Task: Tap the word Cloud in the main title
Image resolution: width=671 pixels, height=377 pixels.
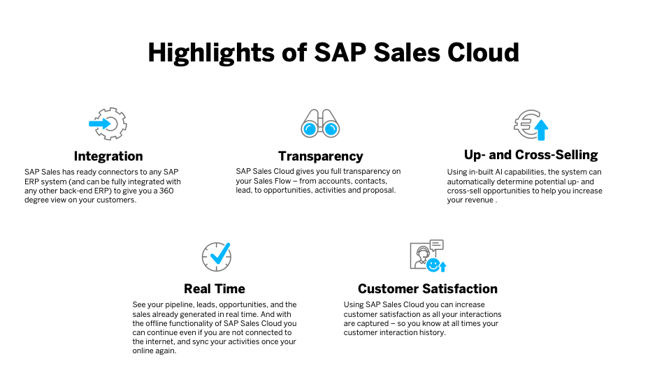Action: tap(483, 52)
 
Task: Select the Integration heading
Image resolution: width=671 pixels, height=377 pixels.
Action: tap(108, 156)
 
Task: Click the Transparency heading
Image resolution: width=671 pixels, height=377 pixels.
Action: tap(321, 156)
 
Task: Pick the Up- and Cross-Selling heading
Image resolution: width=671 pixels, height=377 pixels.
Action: tap(531, 155)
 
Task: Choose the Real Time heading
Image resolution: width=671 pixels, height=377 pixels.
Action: tap(215, 288)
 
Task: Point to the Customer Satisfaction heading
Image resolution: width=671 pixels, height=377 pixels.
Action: tap(428, 288)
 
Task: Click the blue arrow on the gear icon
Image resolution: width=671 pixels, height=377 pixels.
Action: tap(99, 124)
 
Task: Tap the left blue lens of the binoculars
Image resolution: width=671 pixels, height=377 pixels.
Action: tap(310, 128)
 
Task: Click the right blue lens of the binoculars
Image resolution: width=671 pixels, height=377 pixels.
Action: tap(331, 128)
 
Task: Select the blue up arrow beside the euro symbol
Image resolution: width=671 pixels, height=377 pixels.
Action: tap(541, 130)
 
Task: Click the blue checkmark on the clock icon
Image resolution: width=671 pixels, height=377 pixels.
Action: tap(220, 253)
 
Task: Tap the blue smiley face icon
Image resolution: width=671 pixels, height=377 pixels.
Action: tap(433, 265)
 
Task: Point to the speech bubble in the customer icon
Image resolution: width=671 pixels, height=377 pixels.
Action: tap(436, 245)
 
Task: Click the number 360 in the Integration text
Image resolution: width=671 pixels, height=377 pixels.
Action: tap(166, 191)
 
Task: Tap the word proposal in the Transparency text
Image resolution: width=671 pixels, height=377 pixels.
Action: tap(379, 190)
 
